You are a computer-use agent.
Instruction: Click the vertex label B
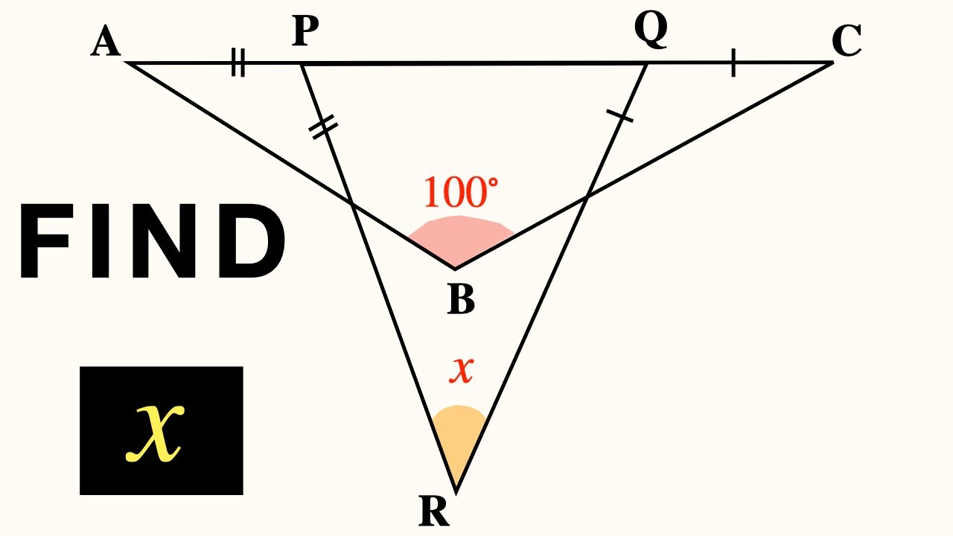tap(461, 300)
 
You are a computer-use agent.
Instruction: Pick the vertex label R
tap(435, 511)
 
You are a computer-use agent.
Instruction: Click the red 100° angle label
tap(461, 193)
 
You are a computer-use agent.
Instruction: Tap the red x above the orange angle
tap(462, 369)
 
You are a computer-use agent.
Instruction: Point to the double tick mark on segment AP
tap(238, 63)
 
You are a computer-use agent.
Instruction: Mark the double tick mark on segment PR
tap(321, 127)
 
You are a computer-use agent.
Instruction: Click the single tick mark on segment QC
tap(733, 63)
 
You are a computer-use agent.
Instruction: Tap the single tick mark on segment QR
tap(619, 115)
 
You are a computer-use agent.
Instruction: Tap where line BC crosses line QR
tap(587, 197)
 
